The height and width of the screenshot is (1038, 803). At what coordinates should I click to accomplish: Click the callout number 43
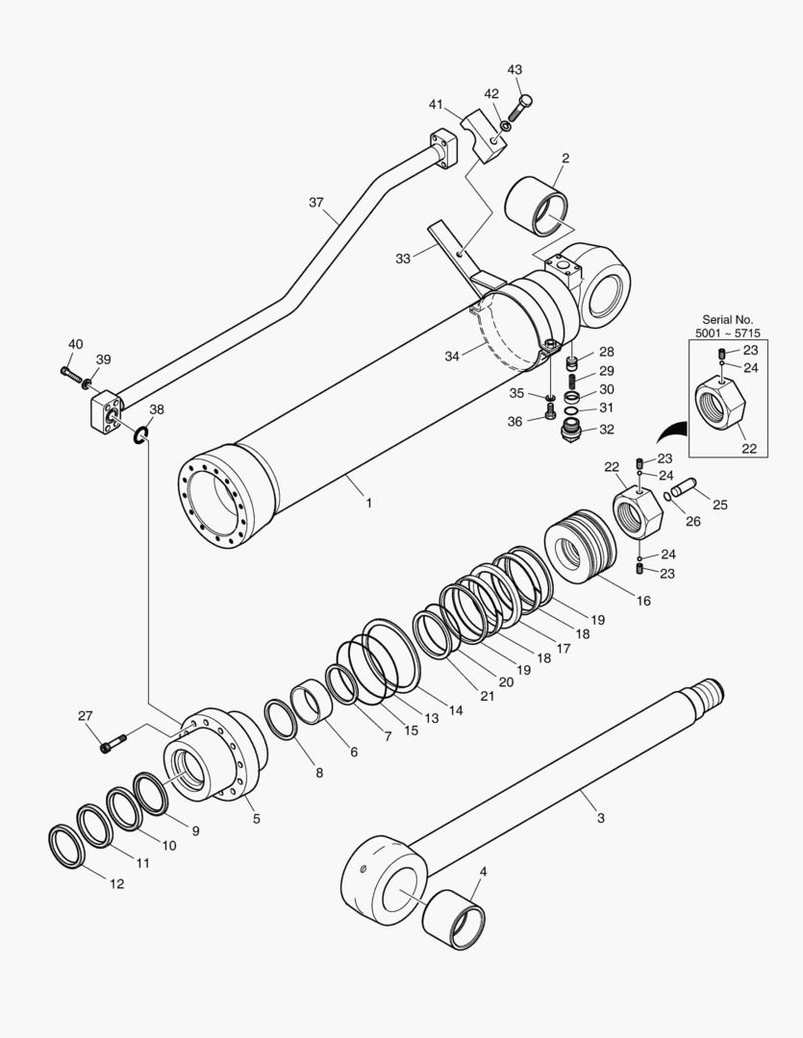pos(514,70)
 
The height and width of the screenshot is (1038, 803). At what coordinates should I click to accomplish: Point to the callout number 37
pos(316,203)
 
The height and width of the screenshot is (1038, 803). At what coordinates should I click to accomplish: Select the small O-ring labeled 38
pos(140,437)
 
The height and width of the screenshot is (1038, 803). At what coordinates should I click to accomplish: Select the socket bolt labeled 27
pos(112,743)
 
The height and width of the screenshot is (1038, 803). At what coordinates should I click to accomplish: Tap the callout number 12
pos(115,883)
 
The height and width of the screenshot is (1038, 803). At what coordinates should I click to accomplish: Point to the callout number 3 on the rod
pos(600,819)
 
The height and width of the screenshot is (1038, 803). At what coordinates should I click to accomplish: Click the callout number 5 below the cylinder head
pos(256,819)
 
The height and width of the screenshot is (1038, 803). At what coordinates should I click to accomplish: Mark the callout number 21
pos(487,696)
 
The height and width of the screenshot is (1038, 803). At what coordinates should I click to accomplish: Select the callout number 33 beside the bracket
pos(402,259)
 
